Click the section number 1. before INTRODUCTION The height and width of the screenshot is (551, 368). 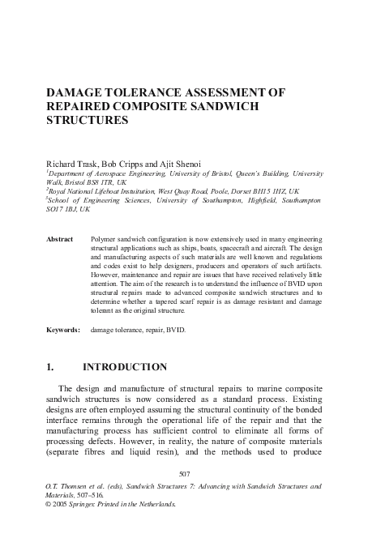[x=50, y=367]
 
